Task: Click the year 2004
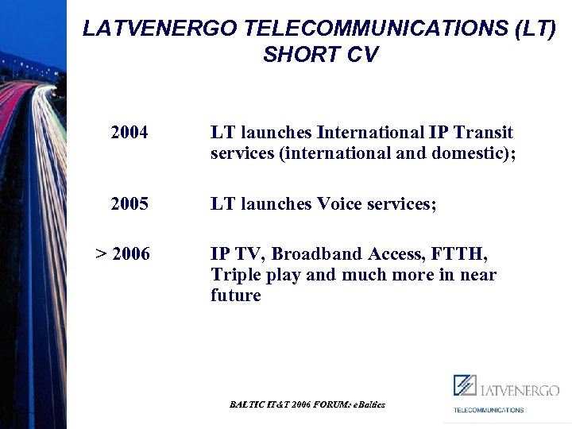click(129, 133)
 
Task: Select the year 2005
click(129, 204)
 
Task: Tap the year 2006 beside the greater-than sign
click(131, 254)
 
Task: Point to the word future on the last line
click(236, 296)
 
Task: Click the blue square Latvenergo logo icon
click(465, 385)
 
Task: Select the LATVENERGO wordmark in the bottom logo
click(520, 390)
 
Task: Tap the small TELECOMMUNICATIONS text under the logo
click(489, 410)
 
